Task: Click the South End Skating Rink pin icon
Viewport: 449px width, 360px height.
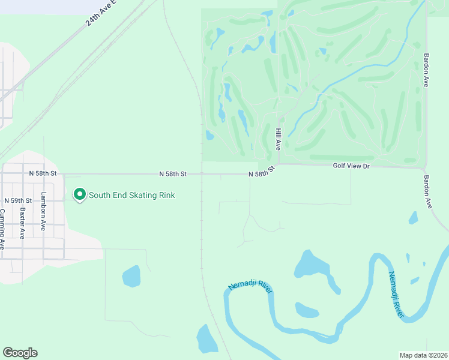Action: point(79,194)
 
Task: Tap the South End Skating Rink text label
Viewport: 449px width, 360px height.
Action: point(132,194)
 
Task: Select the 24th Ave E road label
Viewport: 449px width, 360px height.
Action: point(103,13)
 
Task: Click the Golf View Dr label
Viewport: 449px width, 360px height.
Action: point(351,166)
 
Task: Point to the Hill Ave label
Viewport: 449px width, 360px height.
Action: point(279,139)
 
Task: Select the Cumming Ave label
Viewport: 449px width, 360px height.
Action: point(2,229)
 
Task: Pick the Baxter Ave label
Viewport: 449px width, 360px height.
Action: point(22,223)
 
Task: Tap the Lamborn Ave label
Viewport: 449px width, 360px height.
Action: point(43,211)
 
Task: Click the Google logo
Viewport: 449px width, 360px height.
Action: point(20,353)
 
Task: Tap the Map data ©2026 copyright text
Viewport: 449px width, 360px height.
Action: point(424,355)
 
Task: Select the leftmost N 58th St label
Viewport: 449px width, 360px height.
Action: point(43,173)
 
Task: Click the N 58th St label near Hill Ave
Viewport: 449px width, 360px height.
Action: point(262,172)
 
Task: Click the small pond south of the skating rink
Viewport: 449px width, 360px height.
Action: point(131,277)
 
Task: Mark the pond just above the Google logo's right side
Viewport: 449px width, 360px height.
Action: point(207,340)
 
